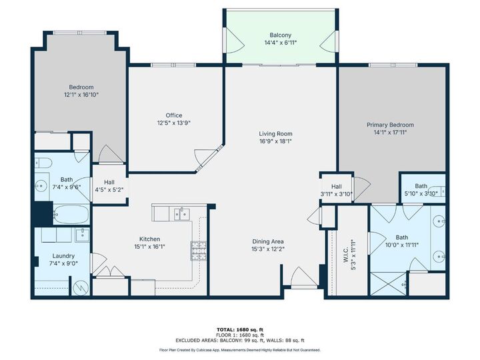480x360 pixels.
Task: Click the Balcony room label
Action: tap(280, 35)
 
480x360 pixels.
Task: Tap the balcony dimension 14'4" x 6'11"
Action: tap(280, 43)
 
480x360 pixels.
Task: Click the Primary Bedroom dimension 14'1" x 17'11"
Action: tap(390, 132)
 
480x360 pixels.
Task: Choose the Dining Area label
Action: tap(268, 241)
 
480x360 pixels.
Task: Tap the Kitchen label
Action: tap(149, 239)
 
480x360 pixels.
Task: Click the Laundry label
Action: tap(64, 255)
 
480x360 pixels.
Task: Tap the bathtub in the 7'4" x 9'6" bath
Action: tap(71, 214)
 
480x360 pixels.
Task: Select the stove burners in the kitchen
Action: tap(199, 250)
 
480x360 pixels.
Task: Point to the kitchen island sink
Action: tap(180, 213)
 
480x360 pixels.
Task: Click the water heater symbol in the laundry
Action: tap(82, 287)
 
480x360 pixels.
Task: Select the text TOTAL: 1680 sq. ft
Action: tap(239, 329)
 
